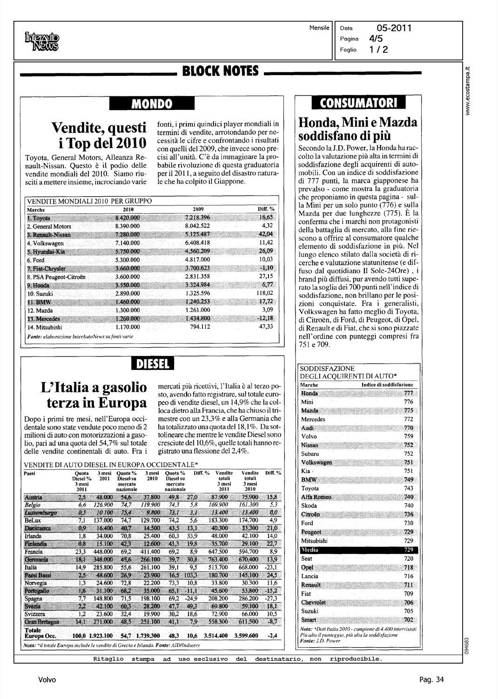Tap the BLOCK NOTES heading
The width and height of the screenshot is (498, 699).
[x=221, y=71]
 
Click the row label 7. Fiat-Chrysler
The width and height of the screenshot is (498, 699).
[x=47, y=268]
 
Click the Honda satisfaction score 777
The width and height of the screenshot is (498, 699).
[x=408, y=393]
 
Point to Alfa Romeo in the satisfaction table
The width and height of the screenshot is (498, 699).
[x=316, y=497]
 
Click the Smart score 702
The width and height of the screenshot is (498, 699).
[x=408, y=619]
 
